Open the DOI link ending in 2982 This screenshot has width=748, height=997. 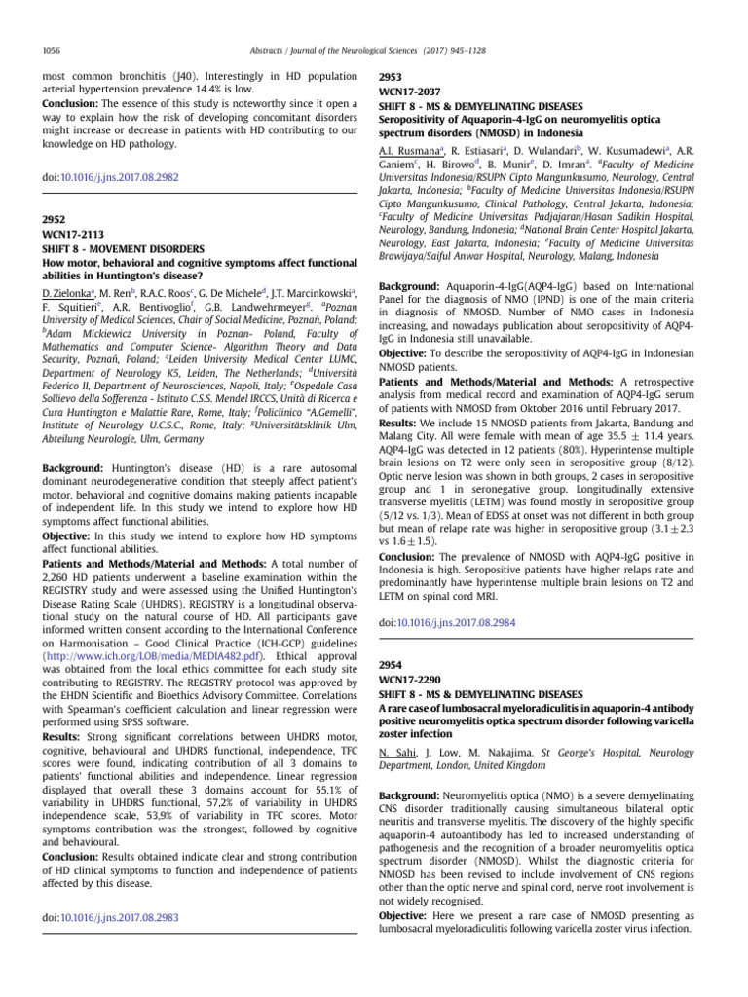click(123, 177)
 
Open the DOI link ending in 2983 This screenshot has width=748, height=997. click(123, 918)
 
